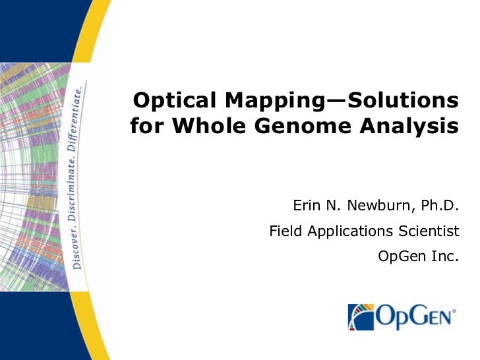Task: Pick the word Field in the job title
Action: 284,231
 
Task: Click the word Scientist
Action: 428,231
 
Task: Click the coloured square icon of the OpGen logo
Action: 361,317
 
